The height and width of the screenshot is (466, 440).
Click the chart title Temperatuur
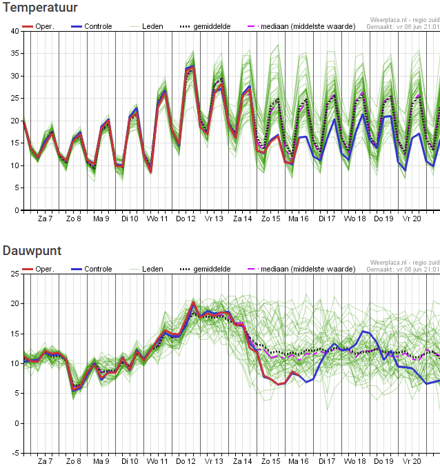39,8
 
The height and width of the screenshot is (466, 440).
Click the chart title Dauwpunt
32,251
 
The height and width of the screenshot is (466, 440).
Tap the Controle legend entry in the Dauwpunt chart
97,269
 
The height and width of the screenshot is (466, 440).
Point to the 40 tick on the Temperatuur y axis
15,31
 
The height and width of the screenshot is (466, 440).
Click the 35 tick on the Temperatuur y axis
15,54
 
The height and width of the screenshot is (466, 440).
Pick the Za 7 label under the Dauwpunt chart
45,461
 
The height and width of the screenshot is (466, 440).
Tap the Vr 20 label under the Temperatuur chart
412,219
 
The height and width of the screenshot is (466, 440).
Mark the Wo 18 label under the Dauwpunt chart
355,461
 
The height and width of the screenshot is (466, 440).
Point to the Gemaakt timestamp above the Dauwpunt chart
403,270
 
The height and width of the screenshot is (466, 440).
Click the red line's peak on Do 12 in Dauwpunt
193,302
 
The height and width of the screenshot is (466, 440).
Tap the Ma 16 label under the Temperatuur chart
299,219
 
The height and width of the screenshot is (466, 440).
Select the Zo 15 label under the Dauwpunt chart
270,461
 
